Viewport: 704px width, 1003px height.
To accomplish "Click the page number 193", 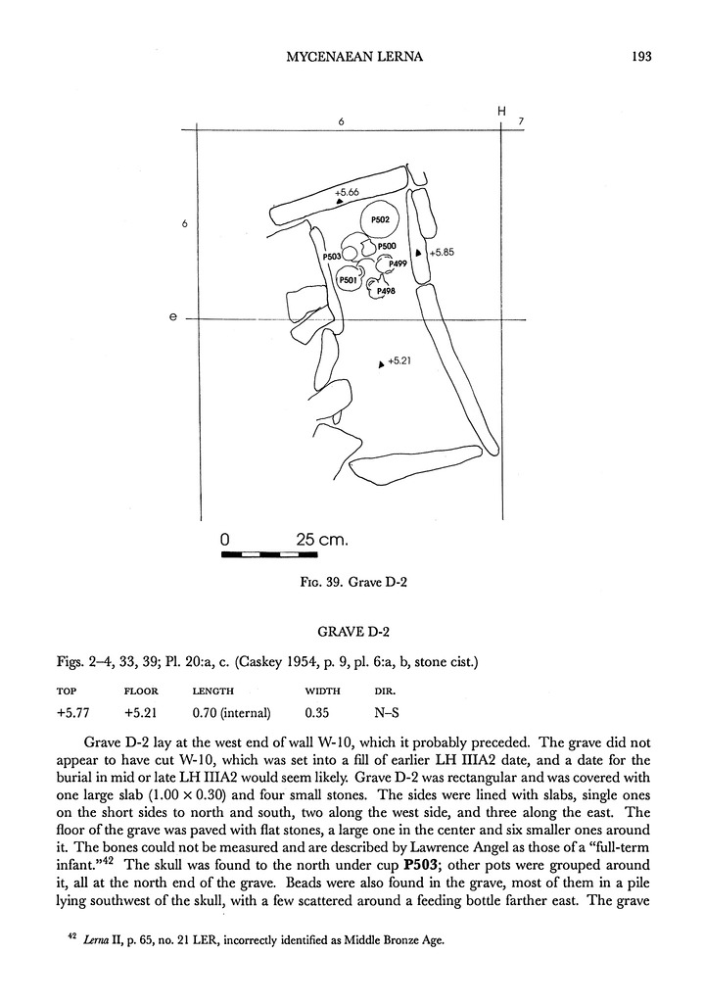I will tap(643, 56).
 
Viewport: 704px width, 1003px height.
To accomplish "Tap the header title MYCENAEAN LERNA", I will tap(352, 56).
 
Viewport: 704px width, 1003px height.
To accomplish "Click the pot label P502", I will tap(381, 219).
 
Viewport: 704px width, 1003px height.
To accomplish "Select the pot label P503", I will tap(331, 257).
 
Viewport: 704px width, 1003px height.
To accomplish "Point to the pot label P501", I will tap(348, 281).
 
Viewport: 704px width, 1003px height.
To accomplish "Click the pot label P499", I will tap(398, 263).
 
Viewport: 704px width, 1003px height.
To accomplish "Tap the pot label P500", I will tap(386, 246).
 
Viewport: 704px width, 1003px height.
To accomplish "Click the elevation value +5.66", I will tap(348, 193).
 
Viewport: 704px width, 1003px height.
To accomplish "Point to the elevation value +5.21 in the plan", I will tap(399, 361).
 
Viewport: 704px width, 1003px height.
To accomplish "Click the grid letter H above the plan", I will tap(501, 112).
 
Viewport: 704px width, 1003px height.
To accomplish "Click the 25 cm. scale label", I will tap(322, 539).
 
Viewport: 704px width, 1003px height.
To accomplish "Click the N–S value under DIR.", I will tap(372, 712).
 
